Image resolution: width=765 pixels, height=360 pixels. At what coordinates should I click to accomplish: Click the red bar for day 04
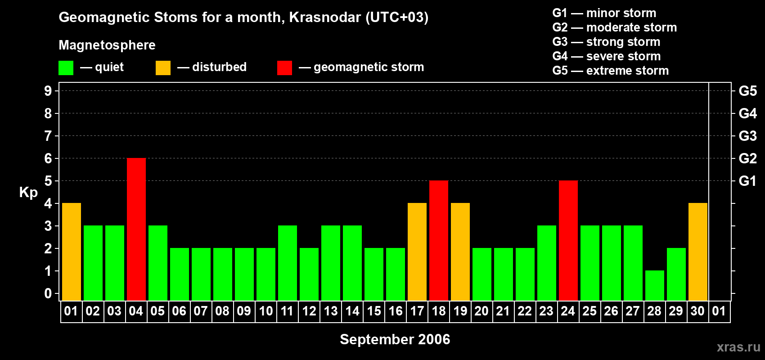pos(136,229)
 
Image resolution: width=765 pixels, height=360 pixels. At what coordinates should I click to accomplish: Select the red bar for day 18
pos(438,240)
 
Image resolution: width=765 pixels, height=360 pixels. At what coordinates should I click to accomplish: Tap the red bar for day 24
pos(568,240)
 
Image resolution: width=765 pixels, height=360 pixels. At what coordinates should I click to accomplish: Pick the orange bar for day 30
pos(697,252)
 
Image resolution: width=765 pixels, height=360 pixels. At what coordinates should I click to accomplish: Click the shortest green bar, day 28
pos(655,286)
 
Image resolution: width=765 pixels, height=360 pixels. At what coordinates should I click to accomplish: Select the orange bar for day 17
pos(417,252)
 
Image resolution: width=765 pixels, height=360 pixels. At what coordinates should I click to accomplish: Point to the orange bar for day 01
pos(72,252)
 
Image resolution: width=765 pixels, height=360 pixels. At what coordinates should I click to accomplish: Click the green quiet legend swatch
pos(66,67)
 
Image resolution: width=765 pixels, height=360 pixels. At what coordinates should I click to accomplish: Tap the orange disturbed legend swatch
pos(163,67)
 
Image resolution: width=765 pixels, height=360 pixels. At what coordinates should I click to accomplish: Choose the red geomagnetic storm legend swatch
pos(284,67)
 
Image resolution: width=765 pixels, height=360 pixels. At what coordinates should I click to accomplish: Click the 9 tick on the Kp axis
pos(48,91)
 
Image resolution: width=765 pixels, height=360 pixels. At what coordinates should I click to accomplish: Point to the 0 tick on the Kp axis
pos(48,293)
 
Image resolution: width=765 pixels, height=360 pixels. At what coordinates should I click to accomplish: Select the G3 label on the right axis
pos(748,136)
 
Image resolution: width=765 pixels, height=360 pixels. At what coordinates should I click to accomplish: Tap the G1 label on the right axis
pos(748,181)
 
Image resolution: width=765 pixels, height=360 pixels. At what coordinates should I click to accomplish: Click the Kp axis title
pos(28,193)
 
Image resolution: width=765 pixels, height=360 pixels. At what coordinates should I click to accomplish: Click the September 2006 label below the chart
pos(395,339)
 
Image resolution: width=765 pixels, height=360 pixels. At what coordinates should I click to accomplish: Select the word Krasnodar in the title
pos(325,17)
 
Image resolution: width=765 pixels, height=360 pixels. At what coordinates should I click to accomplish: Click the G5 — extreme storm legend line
pos(610,71)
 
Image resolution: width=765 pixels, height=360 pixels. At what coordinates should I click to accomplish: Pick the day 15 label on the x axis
pos(374,311)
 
